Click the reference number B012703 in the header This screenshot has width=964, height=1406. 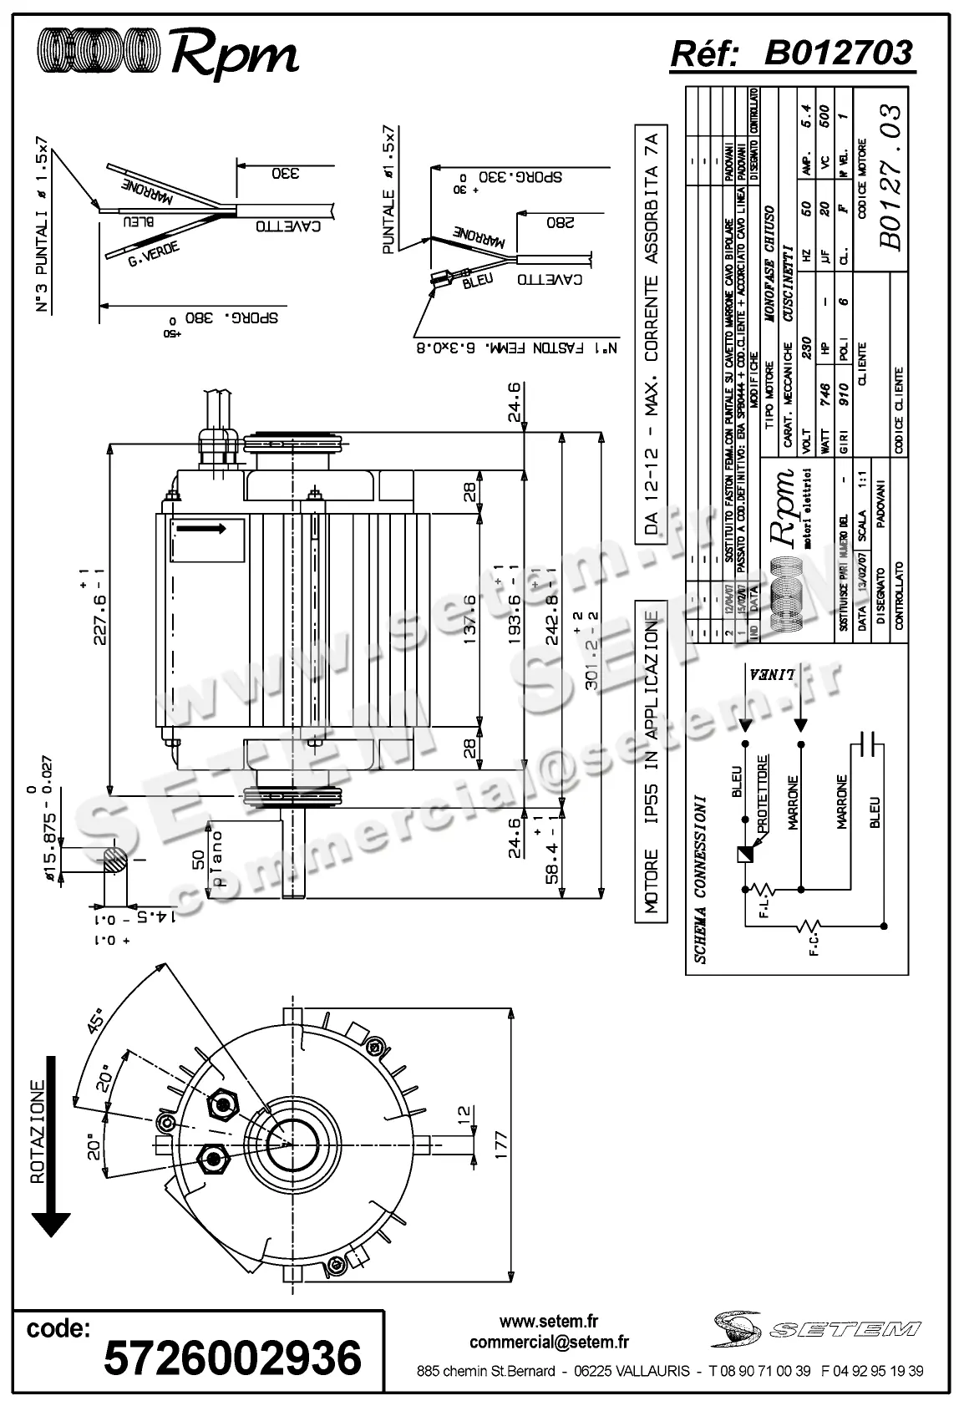pyautogui.click(x=839, y=53)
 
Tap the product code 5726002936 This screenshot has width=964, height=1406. pyautogui.click(x=232, y=1358)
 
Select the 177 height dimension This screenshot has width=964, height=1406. pyautogui.click(x=500, y=1140)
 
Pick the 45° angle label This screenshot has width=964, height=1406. pyautogui.click(x=96, y=1023)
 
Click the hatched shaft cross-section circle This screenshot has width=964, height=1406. pyautogui.click(x=116, y=861)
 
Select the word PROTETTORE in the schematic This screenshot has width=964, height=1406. pyautogui.click(x=763, y=794)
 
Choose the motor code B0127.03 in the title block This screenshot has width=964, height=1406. pyautogui.click(x=890, y=177)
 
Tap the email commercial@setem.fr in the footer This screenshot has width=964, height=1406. pyautogui.click(x=549, y=1343)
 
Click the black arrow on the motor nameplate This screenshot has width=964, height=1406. pyautogui.click(x=201, y=529)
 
